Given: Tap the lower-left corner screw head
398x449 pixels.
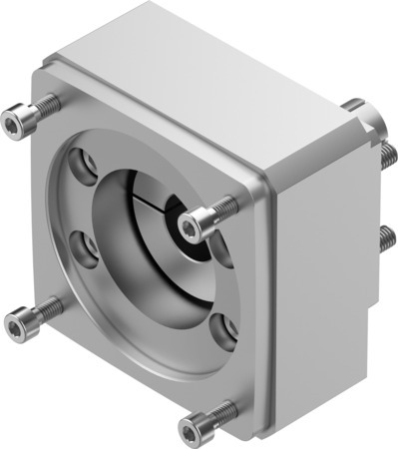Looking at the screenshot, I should (17, 324).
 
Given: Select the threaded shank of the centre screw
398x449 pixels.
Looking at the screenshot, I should (225, 206).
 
